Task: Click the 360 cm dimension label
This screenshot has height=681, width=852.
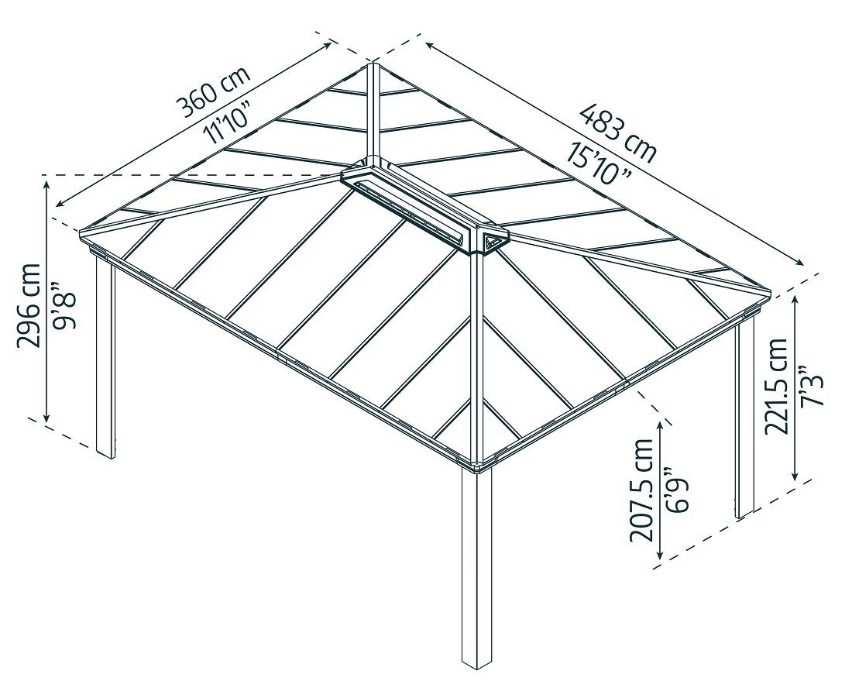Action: coord(214,91)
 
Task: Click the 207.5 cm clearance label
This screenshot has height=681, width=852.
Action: coord(642,489)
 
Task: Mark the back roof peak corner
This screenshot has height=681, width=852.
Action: coord(373,64)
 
